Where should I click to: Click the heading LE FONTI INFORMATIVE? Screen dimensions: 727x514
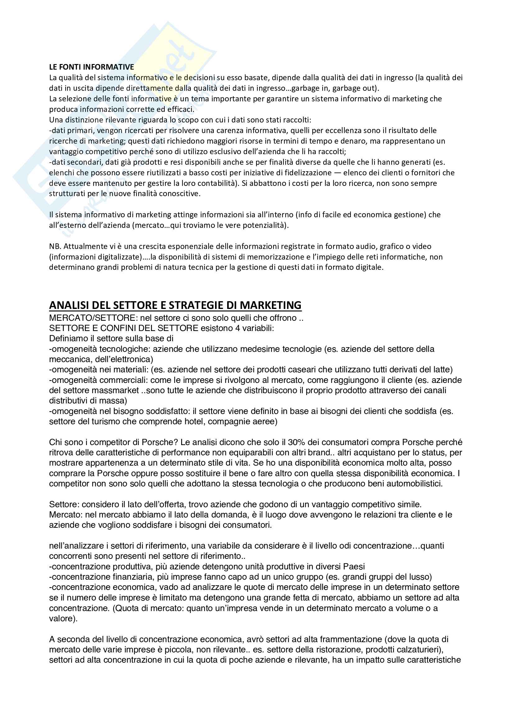(x=91, y=67)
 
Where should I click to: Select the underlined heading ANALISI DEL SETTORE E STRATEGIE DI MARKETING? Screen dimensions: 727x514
(x=175, y=305)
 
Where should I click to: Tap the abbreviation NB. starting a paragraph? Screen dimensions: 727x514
(x=55, y=246)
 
